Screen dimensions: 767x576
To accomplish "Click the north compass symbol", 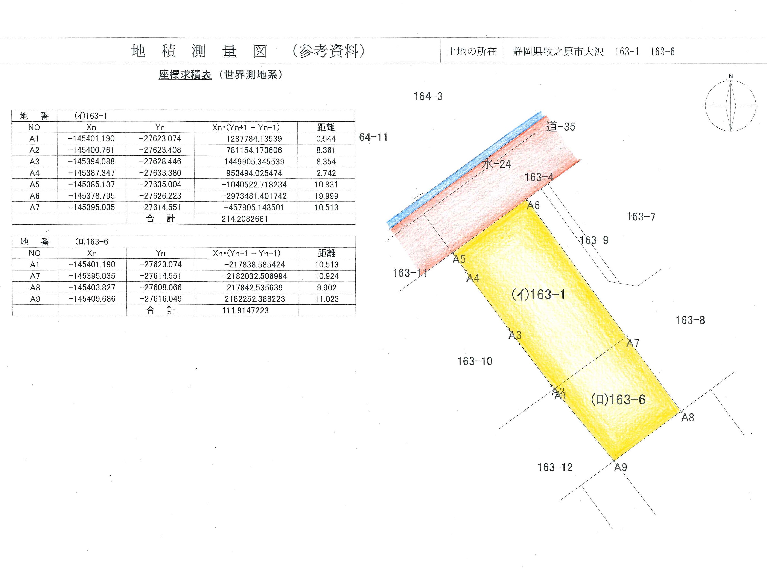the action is pos(730,106).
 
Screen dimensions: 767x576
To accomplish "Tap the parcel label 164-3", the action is pos(428,96).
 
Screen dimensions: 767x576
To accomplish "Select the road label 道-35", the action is pos(561,127).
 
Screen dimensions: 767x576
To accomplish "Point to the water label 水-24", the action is pos(496,164).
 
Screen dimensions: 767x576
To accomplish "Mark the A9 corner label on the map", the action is pos(621,467).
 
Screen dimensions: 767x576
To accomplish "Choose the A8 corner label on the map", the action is pos(688,418).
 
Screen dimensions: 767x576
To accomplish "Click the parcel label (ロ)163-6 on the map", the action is pos(618,400).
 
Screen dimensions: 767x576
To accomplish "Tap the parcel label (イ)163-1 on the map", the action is pos(538,295).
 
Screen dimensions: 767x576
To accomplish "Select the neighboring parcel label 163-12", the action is pos(555,467).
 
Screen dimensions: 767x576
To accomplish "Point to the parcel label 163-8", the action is pos(690,320).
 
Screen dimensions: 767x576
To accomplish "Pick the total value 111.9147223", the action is pos(245,311).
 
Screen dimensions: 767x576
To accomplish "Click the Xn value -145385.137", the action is pos(91,184).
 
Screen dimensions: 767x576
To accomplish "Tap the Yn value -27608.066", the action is pos(161,287).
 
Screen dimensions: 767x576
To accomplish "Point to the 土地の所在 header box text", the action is pos(472,51).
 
